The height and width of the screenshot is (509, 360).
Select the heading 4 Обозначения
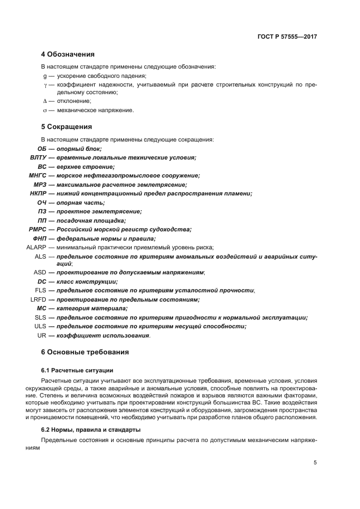pos(68,54)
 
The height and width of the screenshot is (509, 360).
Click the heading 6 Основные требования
pos(85,352)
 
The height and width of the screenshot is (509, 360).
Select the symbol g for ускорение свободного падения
pos(45,76)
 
